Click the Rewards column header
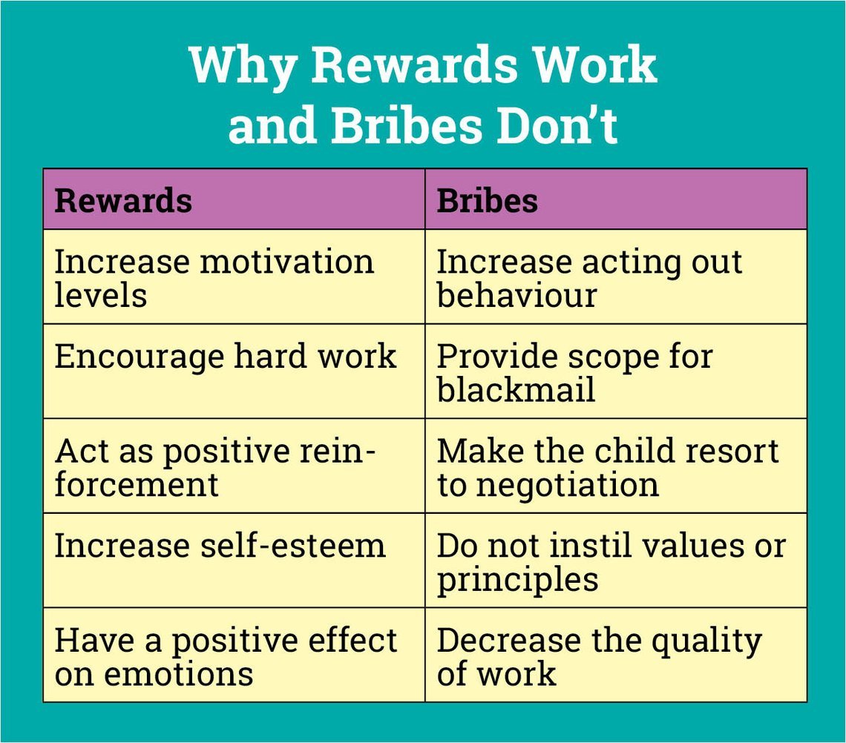(x=123, y=201)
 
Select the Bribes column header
(x=487, y=201)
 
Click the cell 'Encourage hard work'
(x=226, y=357)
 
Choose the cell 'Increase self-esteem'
(x=220, y=546)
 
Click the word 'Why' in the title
(x=243, y=65)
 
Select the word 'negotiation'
(x=567, y=485)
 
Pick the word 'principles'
(x=517, y=579)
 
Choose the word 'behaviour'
(x=517, y=295)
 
